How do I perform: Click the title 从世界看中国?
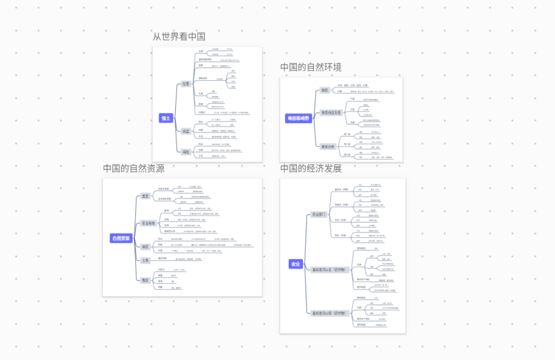click(179, 37)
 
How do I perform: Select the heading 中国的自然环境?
click(310, 67)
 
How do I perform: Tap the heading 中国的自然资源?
click(134, 168)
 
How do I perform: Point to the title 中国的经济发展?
click(310, 169)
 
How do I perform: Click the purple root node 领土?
click(166, 118)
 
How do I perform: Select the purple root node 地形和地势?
click(298, 119)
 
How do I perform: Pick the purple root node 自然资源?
click(121, 238)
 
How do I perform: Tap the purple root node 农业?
click(295, 264)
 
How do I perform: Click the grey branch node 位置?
click(186, 84)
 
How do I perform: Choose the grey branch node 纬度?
click(186, 132)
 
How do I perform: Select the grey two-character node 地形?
click(324, 91)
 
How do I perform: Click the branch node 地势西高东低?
click(331, 113)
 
